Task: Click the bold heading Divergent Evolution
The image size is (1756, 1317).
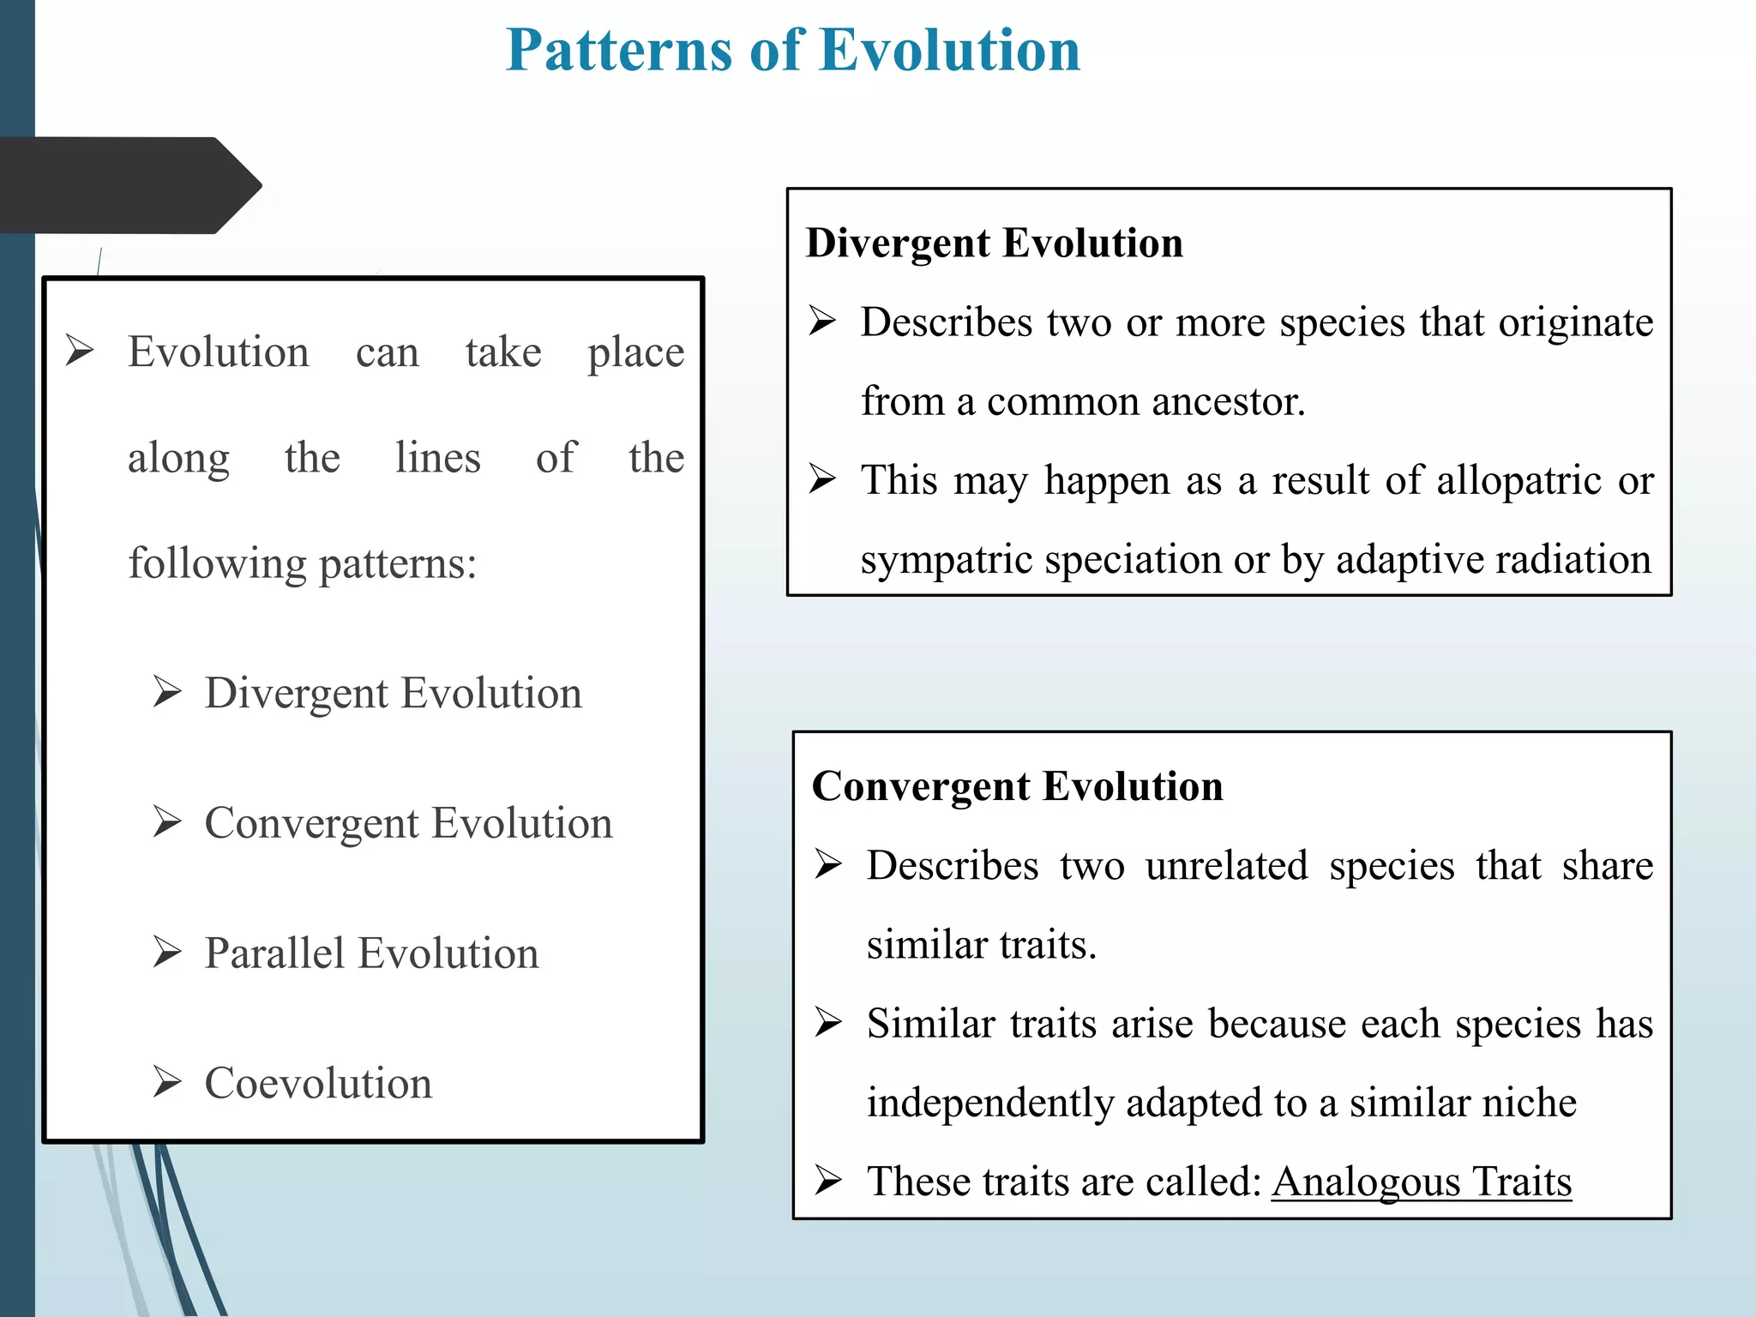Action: pyautogui.click(x=994, y=244)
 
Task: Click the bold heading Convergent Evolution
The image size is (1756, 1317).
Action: pyautogui.click(x=1017, y=786)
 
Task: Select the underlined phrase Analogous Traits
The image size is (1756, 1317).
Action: pyautogui.click(x=1421, y=1182)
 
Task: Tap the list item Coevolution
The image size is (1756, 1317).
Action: pyautogui.click(x=318, y=1084)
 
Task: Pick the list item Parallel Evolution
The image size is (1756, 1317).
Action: pyautogui.click(x=371, y=954)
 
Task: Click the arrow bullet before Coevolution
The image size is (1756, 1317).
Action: pyautogui.click(x=167, y=1082)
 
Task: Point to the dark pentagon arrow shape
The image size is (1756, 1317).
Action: pyautogui.click(x=129, y=185)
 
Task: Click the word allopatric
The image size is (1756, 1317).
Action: pyautogui.click(x=1518, y=480)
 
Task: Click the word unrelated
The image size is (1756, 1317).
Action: pyautogui.click(x=1226, y=866)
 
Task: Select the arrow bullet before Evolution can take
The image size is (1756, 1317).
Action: pyautogui.click(x=80, y=351)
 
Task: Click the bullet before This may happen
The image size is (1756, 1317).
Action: pyautogui.click(x=822, y=479)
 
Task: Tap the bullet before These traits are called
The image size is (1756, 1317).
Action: pyautogui.click(x=828, y=1181)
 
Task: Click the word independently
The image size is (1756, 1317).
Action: pyautogui.click(x=989, y=1104)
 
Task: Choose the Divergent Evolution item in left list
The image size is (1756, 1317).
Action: pyautogui.click(x=393, y=694)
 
